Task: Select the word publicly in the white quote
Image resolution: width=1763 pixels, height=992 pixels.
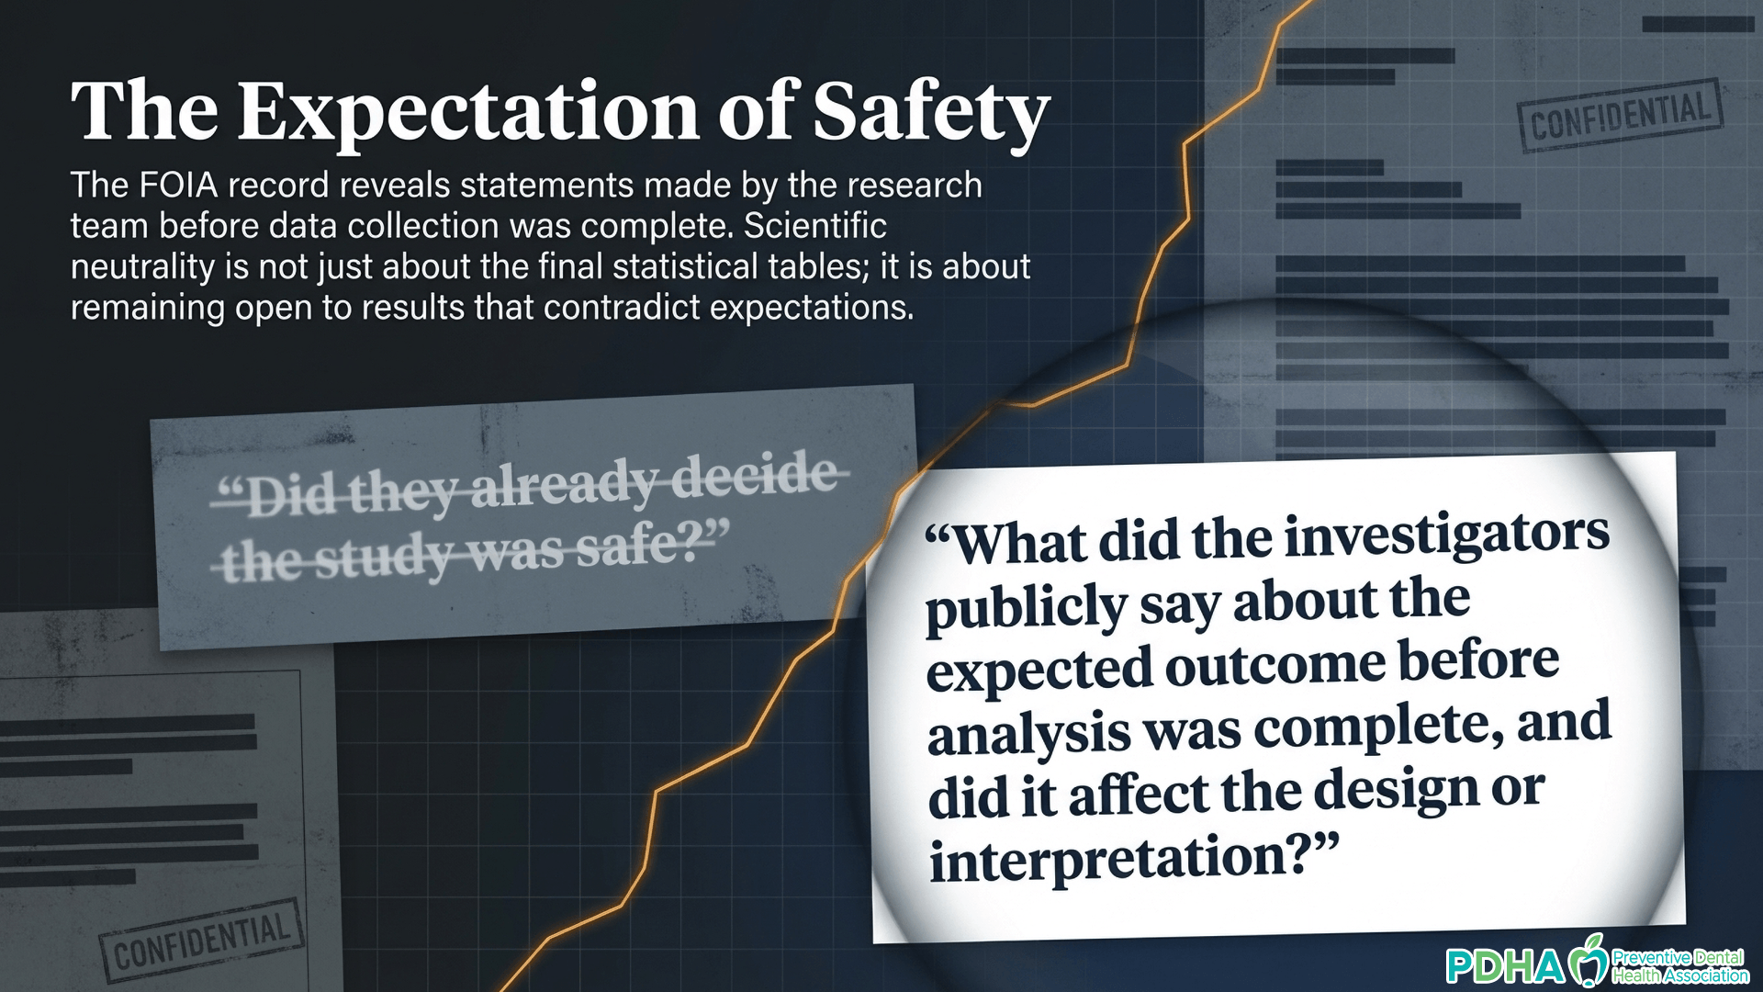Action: pyautogui.click(x=1027, y=607)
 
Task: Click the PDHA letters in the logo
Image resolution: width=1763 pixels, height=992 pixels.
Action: pyautogui.click(x=1505, y=966)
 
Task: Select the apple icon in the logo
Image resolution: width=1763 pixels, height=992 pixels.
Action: pyautogui.click(x=1588, y=962)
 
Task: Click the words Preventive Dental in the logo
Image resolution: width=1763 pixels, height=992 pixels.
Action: pyautogui.click(x=1678, y=957)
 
